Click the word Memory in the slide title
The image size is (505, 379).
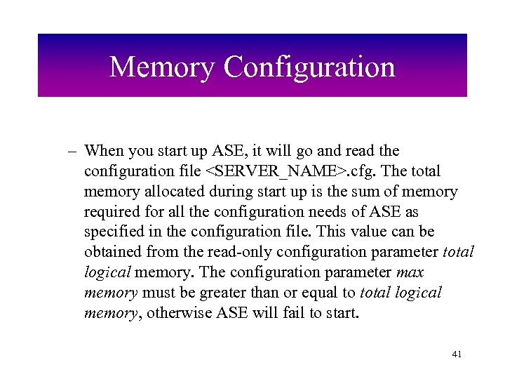pyautogui.click(x=163, y=67)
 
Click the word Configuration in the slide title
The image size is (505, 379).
pyautogui.click(x=309, y=67)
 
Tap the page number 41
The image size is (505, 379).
pyautogui.click(x=457, y=354)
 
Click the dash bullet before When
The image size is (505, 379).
pyautogui.click(x=72, y=151)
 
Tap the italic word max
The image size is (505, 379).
pyautogui.click(x=411, y=272)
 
